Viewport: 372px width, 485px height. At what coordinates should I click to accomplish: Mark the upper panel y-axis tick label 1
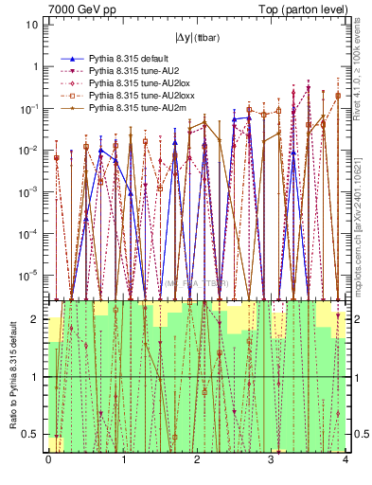coord(36,67)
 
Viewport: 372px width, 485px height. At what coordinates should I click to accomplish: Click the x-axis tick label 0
coord(48,460)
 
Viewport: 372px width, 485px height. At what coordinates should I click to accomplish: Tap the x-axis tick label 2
coord(197,460)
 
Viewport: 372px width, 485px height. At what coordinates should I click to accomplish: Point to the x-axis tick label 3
coord(271,460)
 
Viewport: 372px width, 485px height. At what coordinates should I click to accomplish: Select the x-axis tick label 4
coord(345,460)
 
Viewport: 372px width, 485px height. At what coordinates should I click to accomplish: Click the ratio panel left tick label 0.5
coord(34,435)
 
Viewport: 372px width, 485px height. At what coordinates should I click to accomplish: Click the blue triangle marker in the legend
coord(68,59)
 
